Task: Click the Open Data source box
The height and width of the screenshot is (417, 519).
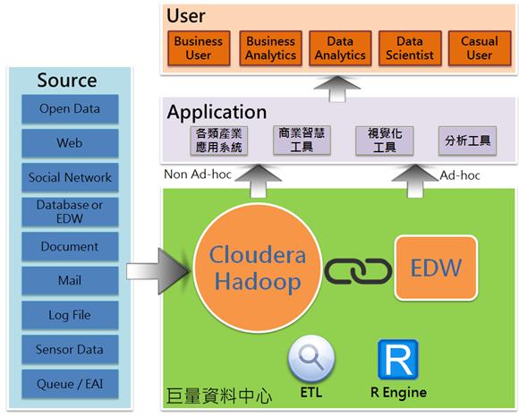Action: pos(70,109)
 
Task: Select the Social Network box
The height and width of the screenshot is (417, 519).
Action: pos(70,177)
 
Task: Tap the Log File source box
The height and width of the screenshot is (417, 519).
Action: pos(70,315)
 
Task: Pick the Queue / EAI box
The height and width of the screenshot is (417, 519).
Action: pos(70,384)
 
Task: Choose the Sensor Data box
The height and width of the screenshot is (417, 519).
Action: pos(70,350)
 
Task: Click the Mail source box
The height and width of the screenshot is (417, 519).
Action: pos(70,281)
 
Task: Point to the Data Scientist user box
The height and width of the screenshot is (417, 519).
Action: pos(410,48)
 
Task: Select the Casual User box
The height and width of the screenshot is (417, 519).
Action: pos(480,48)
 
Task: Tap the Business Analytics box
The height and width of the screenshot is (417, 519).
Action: pos(271,48)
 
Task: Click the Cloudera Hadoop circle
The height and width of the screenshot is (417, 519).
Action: pos(258,268)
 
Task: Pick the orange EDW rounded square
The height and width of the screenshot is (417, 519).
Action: pos(436,268)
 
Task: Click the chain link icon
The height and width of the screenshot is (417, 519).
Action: pos(358,271)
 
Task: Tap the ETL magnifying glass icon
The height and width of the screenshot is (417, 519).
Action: pos(311,360)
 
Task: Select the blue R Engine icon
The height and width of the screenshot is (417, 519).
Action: pos(398,360)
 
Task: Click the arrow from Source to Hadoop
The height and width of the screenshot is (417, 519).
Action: pos(158,271)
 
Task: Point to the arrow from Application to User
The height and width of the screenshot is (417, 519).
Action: pos(337,89)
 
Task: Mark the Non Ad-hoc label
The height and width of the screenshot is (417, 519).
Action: pos(198,174)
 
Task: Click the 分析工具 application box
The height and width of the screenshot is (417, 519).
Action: pos(467,140)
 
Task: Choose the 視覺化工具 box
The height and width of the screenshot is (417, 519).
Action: pos(385,140)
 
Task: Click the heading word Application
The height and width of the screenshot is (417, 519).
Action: pos(217,112)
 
